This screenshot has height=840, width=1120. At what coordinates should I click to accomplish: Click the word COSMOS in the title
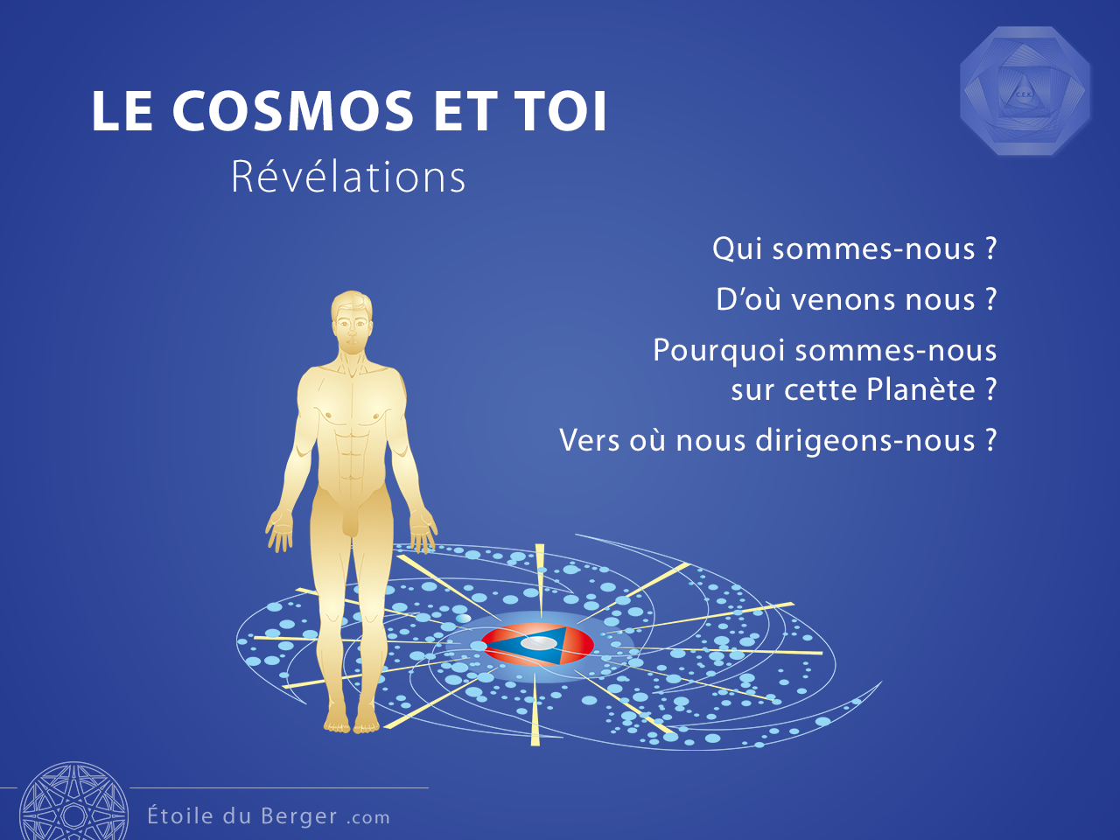(x=293, y=111)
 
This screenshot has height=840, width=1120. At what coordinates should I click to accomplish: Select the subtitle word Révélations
(x=348, y=177)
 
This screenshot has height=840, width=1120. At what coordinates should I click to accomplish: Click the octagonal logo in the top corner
(x=1025, y=91)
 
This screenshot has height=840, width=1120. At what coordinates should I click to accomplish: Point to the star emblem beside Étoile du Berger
(x=74, y=801)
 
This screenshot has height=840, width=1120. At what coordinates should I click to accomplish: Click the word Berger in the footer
(x=299, y=816)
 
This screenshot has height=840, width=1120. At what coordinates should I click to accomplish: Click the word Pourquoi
(x=719, y=352)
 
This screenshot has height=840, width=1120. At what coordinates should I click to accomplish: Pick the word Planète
(x=920, y=389)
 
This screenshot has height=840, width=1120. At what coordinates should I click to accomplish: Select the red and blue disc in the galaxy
(x=538, y=645)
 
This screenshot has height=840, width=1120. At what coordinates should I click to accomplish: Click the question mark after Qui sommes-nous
(x=990, y=248)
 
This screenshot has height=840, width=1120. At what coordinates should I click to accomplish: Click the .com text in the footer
(x=368, y=818)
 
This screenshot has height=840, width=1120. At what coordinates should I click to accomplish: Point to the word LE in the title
(x=122, y=111)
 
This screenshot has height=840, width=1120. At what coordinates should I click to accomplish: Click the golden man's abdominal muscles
(x=351, y=454)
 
